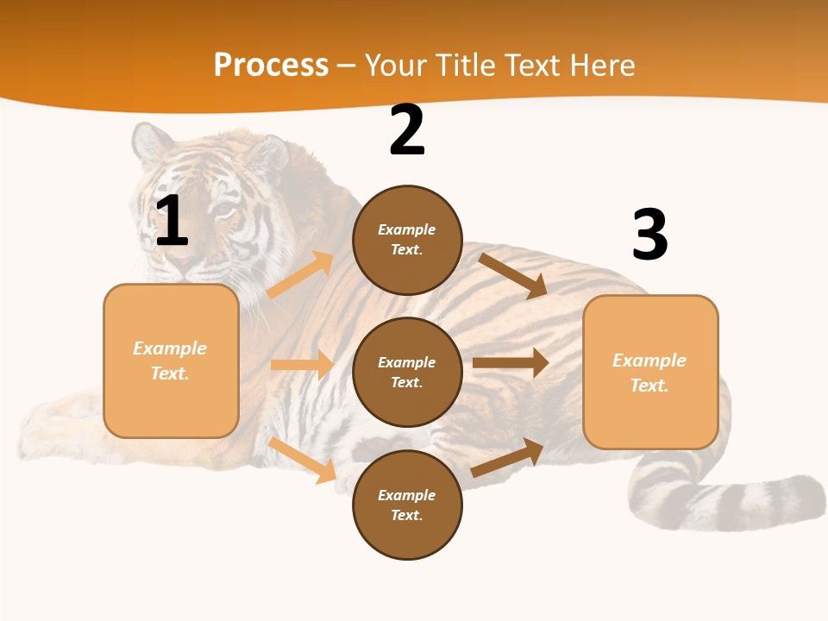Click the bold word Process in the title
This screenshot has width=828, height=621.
[x=271, y=66]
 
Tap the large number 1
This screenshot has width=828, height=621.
[x=172, y=222]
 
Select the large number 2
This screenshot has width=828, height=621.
[x=407, y=130]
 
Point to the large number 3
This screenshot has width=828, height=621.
[x=649, y=235]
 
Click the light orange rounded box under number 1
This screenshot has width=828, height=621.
[x=171, y=361]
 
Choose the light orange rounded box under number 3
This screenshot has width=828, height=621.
[x=650, y=372]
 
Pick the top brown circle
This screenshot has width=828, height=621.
[x=407, y=240]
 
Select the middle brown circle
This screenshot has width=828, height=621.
[x=407, y=372]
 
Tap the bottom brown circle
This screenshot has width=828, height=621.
[x=407, y=505]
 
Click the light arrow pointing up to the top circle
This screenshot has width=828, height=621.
[x=299, y=275]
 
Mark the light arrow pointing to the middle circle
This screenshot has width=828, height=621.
[x=302, y=365]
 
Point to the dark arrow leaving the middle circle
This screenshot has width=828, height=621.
[x=511, y=363]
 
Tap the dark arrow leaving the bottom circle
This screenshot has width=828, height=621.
[x=507, y=458]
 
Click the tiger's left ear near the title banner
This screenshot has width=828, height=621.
[x=150, y=142]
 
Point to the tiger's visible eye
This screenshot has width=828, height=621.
[x=223, y=210]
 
